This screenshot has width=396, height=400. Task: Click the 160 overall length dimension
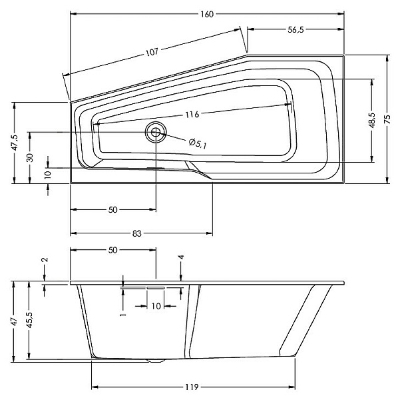(x=206, y=14)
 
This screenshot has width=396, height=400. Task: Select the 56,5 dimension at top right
(x=296, y=29)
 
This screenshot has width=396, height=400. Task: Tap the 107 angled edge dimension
(x=152, y=52)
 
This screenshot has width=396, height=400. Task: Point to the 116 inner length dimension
(x=192, y=115)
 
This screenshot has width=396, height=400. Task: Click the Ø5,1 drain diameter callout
(x=198, y=143)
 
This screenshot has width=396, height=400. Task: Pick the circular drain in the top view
(x=156, y=132)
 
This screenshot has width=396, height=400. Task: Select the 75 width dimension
(x=387, y=119)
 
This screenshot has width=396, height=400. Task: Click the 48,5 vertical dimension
(x=372, y=120)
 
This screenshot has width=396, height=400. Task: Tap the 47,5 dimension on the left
(x=15, y=143)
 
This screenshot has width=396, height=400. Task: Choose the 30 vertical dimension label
(x=30, y=157)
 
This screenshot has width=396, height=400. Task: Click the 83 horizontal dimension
(x=136, y=233)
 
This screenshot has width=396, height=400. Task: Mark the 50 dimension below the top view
(x=113, y=210)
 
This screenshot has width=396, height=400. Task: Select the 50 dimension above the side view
(x=113, y=250)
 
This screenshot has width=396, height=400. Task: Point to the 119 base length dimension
(x=192, y=387)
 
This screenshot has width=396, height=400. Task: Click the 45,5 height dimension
(x=29, y=320)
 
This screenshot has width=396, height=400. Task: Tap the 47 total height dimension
(x=15, y=321)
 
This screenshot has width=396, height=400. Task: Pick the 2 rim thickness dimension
(x=45, y=260)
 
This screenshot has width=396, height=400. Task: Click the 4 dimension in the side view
(x=181, y=257)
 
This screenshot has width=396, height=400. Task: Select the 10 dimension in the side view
(x=156, y=306)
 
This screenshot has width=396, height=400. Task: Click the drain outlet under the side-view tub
(x=156, y=361)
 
